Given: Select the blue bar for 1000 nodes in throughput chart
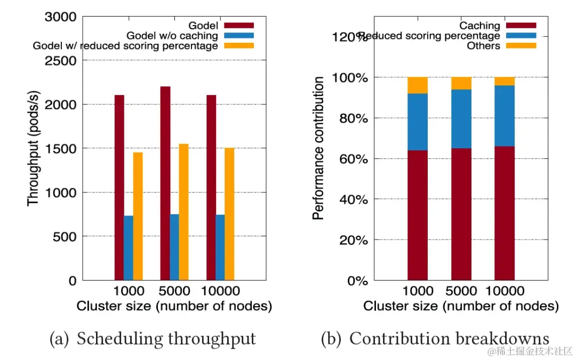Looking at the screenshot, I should (128, 247).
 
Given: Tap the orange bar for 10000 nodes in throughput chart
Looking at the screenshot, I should (229, 214).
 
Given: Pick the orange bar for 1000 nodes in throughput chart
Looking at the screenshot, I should (138, 216).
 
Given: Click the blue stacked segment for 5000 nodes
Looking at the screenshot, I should (461, 119).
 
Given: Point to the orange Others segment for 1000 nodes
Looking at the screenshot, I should (418, 85).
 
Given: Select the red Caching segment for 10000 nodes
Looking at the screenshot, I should (505, 213).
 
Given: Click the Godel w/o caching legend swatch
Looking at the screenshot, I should (238, 36).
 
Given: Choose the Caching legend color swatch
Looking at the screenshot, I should (521, 26).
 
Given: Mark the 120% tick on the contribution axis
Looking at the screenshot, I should (350, 37).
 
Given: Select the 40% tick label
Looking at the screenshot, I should (353, 199).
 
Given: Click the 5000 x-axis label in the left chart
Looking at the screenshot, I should (174, 291).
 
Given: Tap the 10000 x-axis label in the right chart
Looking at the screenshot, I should (505, 291).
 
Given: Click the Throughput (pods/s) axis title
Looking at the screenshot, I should (33, 148).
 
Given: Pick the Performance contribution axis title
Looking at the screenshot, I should (319, 148).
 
